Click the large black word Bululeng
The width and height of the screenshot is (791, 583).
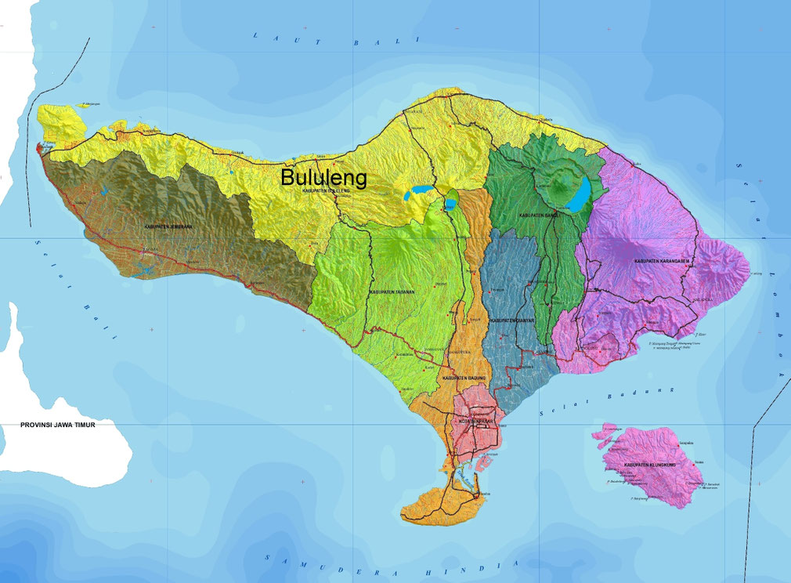point(324,178)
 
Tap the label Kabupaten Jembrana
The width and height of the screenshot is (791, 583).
point(168,226)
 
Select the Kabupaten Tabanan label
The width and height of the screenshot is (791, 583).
point(392,291)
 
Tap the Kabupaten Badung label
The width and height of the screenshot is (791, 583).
point(464,378)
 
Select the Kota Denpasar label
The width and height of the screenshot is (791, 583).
point(475,421)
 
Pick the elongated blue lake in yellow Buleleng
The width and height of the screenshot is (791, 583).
point(418,190)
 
